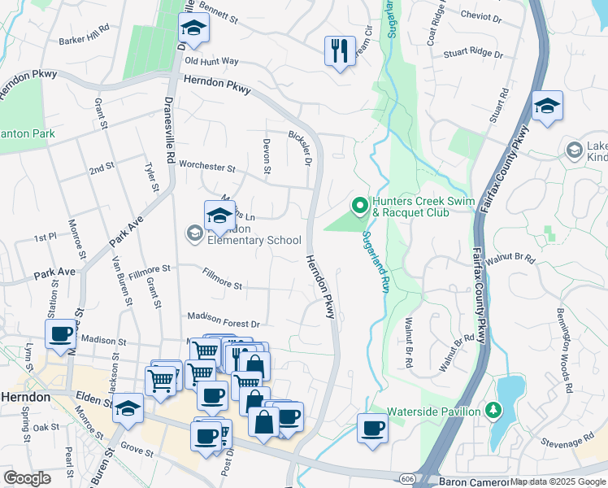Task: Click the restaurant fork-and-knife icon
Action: click(340, 50)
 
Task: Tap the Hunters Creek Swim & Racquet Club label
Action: click(423, 208)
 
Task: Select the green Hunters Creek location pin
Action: click(359, 205)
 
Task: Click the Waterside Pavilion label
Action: click(433, 412)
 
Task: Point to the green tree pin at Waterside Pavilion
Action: click(492, 411)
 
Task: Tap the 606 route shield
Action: click(405, 480)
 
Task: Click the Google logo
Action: click(28, 478)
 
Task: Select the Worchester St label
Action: click(206, 168)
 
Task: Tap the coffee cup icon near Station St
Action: click(62, 335)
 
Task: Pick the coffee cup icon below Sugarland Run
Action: click(373, 428)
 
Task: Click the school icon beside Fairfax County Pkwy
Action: click(547, 106)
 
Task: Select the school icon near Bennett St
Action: click(193, 30)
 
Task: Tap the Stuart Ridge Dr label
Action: click(474, 55)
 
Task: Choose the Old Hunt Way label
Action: click(211, 61)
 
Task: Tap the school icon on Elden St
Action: click(128, 410)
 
